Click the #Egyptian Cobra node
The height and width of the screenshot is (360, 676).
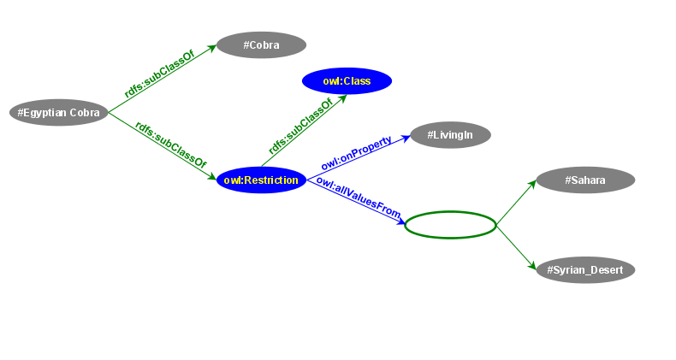click(x=58, y=112)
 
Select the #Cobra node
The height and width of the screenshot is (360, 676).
click(x=261, y=45)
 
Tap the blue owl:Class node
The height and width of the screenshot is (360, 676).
click(x=347, y=81)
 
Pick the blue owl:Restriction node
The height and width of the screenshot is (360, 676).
click(x=261, y=180)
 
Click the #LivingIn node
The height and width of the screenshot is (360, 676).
click(x=450, y=135)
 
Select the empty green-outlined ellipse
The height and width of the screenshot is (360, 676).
click(x=450, y=225)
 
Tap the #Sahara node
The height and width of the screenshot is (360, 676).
click(x=585, y=180)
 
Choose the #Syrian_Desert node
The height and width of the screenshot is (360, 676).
click(x=585, y=270)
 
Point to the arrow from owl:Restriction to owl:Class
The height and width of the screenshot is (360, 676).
click(x=304, y=131)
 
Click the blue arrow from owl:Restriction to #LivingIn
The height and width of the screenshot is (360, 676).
click(x=359, y=157)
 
